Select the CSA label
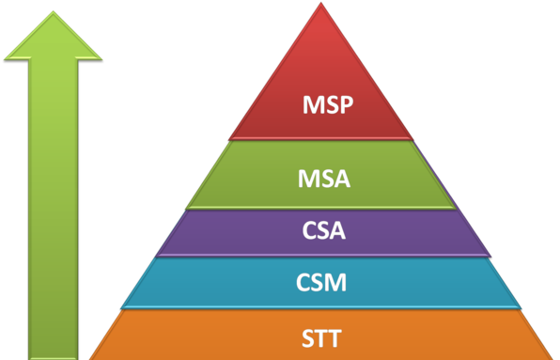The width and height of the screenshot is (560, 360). (x=324, y=231)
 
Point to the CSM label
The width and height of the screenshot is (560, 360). (x=323, y=281)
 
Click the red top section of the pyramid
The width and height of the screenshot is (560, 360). (x=324, y=75)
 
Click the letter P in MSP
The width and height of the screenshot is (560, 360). (x=345, y=104)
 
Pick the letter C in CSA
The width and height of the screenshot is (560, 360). (x=308, y=231)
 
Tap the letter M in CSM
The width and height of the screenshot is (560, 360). (x=340, y=281)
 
